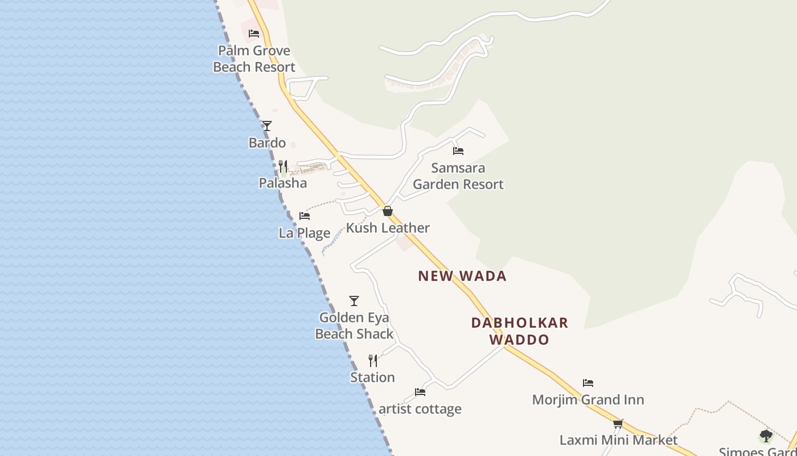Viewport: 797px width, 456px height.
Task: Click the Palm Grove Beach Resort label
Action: click(x=254, y=59)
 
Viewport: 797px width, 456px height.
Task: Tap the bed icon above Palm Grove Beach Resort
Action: click(x=254, y=34)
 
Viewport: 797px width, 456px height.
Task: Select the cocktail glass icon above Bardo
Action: click(x=267, y=126)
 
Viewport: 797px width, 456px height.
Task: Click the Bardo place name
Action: click(x=267, y=142)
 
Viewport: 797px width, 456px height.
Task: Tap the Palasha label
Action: click(x=283, y=183)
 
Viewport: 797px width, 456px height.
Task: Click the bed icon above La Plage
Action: click(x=305, y=216)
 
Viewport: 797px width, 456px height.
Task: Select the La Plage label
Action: click(x=305, y=233)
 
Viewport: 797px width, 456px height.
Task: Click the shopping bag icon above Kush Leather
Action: click(x=388, y=211)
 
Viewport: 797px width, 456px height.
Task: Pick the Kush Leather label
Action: click(x=388, y=228)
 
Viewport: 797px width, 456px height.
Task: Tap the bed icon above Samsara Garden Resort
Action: click(x=458, y=151)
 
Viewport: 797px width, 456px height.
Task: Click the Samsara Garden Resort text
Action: click(x=458, y=176)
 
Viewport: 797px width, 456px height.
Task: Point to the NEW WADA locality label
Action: click(x=462, y=276)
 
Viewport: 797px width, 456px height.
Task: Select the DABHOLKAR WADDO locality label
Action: click(x=520, y=331)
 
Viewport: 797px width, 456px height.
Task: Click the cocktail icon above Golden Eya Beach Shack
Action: click(x=354, y=301)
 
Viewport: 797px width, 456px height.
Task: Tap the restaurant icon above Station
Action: click(x=373, y=361)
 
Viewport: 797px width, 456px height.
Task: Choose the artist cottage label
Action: click(x=420, y=409)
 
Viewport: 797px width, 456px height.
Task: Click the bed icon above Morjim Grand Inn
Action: click(x=588, y=383)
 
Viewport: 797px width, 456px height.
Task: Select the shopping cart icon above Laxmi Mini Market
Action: click(x=618, y=424)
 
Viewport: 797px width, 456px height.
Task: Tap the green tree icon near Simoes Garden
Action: click(x=766, y=437)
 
